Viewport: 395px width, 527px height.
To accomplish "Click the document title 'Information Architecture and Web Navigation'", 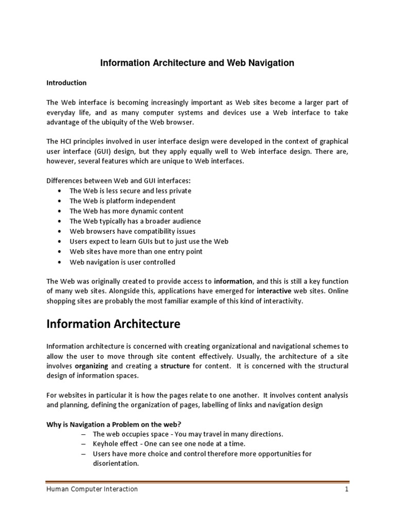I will coord(197,63).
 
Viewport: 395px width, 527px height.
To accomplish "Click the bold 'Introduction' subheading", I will coord(66,82).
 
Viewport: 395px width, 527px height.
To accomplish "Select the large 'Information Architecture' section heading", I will coord(113,324).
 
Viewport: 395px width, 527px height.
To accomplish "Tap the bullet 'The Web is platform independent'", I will coord(122,201).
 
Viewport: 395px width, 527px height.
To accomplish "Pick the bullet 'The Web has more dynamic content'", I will coord(126,211).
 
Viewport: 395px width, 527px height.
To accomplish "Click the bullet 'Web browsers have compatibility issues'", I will coord(132,231).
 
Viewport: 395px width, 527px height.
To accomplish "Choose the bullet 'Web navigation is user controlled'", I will coord(122,262).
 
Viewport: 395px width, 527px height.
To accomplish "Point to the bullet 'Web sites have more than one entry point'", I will coord(136,252).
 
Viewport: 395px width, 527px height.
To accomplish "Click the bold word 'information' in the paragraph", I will coord(233,281).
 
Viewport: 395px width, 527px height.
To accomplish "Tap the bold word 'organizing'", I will coord(91,366).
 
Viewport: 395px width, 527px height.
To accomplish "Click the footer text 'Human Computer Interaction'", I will coord(92,489).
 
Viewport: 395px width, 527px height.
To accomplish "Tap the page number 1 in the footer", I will coord(347,489).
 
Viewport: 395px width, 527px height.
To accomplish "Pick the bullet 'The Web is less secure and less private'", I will coord(130,190).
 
